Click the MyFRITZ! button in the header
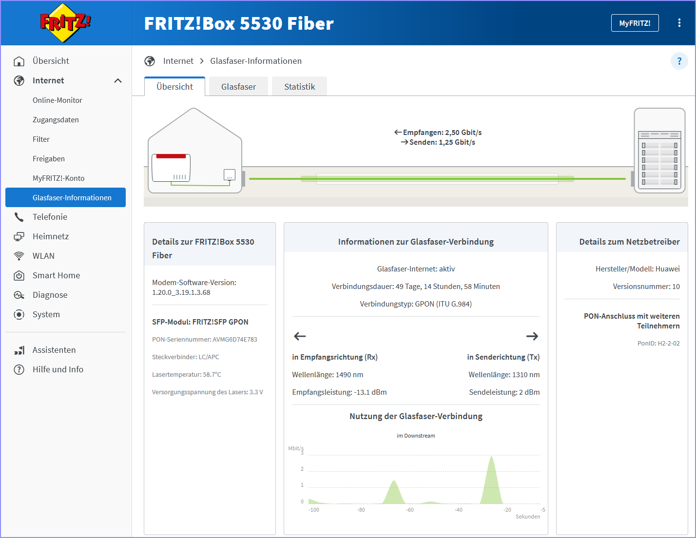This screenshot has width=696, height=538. click(x=635, y=23)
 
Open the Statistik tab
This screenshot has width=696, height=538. click(x=299, y=87)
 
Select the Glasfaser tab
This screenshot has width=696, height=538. click(x=238, y=87)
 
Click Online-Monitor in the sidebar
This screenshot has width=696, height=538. click(x=58, y=100)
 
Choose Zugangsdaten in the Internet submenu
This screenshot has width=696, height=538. click(x=56, y=120)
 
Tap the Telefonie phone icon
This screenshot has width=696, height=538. click(x=19, y=217)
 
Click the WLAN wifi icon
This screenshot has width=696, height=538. click(x=19, y=256)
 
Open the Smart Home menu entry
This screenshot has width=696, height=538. click(x=57, y=275)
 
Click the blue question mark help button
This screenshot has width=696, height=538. click(x=679, y=61)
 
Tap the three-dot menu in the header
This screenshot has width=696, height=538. click(x=679, y=23)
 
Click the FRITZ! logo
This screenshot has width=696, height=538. click(x=65, y=22)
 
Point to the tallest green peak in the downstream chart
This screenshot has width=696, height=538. click(x=491, y=457)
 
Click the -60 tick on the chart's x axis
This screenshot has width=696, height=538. click(x=410, y=510)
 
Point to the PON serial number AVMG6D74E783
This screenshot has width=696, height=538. click(x=235, y=340)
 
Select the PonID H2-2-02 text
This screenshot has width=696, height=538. click(x=658, y=343)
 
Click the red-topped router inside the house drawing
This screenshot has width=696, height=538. click(x=171, y=168)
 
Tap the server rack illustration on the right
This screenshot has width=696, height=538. click(x=659, y=151)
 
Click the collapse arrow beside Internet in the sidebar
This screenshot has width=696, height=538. click(x=118, y=81)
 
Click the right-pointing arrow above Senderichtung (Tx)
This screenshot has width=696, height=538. click(x=532, y=336)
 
